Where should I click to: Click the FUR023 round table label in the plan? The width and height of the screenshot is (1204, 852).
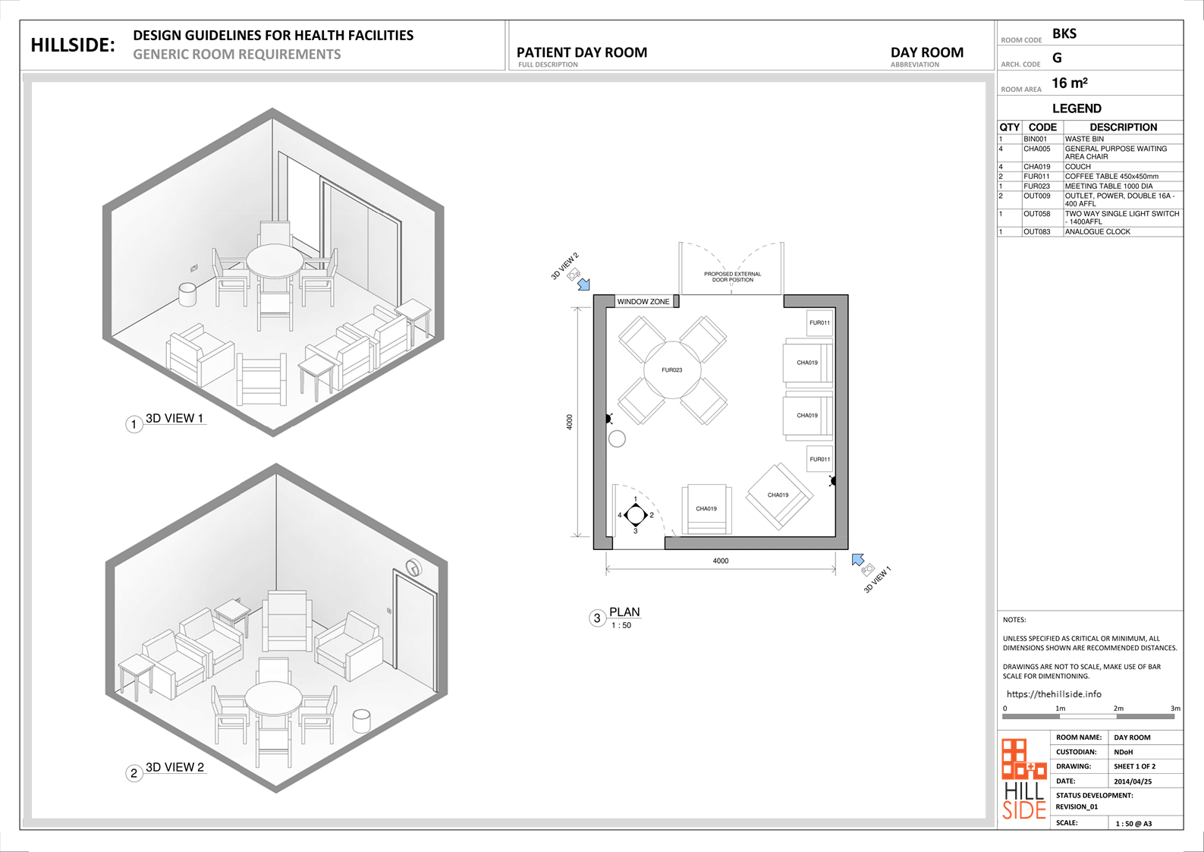click(x=672, y=369)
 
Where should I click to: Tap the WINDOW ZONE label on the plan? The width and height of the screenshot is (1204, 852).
click(x=643, y=301)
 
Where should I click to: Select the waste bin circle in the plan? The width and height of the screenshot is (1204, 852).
click(x=617, y=439)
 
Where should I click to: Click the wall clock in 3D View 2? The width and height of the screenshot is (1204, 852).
click(x=413, y=567)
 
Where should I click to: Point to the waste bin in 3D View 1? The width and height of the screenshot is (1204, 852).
click(x=187, y=294)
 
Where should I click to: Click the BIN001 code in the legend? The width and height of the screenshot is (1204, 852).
click(x=1036, y=139)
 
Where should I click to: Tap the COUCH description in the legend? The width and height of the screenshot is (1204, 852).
click(x=1078, y=167)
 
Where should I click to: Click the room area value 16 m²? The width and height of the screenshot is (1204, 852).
click(x=1070, y=83)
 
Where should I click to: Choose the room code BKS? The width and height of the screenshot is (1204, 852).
click(x=1064, y=33)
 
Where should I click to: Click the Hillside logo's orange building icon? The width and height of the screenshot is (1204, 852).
click(x=1023, y=759)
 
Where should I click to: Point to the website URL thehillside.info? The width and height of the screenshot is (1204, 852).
click(x=1054, y=694)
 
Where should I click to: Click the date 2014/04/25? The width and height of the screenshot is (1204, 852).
click(x=1133, y=781)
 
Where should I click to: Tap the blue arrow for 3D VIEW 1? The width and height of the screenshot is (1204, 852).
click(x=857, y=560)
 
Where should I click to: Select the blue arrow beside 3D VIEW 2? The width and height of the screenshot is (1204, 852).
click(x=583, y=285)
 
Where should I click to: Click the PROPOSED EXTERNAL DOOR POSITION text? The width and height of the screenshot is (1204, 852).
click(x=733, y=277)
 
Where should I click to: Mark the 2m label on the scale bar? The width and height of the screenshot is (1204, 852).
click(x=1118, y=709)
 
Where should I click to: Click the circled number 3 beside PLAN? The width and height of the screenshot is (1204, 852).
click(x=596, y=618)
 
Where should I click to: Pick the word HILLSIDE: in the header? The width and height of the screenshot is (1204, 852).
click(x=73, y=46)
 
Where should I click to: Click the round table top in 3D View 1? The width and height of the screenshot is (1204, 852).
click(x=275, y=261)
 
